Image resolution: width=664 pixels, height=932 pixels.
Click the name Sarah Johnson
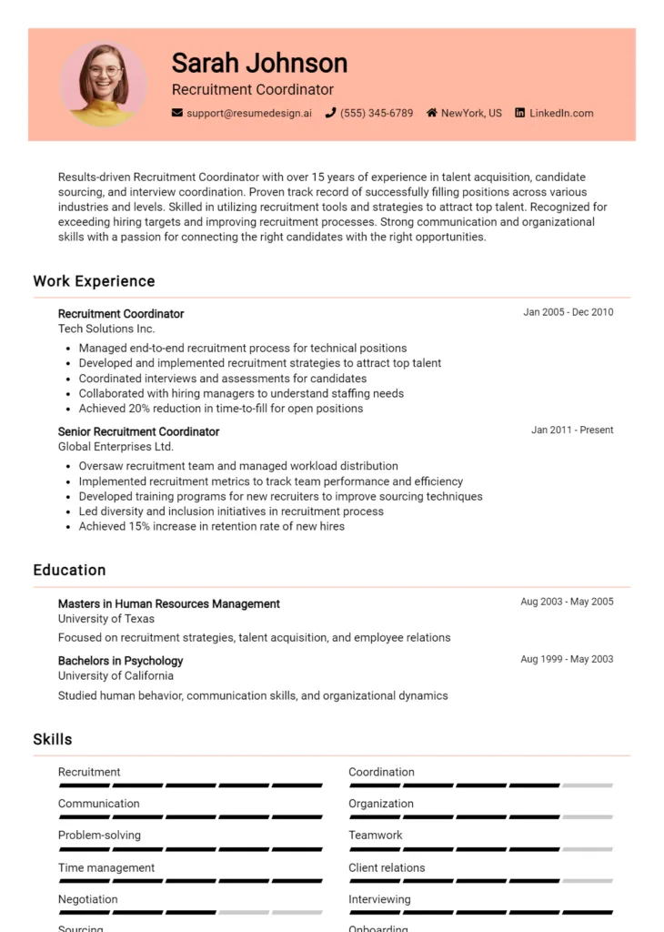tap(259, 63)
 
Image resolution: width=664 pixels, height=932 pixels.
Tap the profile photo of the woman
tap(104, 85)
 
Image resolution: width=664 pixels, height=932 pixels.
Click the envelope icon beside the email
tap(177, 113)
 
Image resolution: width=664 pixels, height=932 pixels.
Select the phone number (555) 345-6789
tap(376, 113)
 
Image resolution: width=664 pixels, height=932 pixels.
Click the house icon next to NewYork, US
tap(432, 113)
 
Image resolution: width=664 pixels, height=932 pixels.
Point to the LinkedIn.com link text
tap(561, 113)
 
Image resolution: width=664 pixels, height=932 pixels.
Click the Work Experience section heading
tap(94, 281)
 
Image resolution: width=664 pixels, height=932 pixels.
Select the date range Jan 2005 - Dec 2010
tap(568, 312)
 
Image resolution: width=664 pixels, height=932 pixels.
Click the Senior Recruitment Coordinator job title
tap(138, 431)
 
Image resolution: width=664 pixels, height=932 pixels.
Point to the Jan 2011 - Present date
tap(572, 430)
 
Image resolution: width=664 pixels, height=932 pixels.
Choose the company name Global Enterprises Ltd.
tap(116, 447)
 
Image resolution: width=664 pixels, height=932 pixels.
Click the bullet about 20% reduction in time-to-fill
tap(220, 409)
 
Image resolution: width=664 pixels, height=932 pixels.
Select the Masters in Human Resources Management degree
tap(168, 603)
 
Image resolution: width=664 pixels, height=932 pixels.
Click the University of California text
tap(116, 675)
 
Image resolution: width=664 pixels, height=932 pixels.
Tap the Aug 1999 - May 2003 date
tap(567, 659)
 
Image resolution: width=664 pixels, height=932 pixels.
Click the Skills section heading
tap(53, 739)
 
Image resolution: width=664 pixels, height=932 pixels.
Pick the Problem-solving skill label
tap(99, 835)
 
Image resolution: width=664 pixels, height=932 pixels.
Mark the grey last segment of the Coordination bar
tap(587, 785)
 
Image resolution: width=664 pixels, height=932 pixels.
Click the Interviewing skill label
tap(379, 899)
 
